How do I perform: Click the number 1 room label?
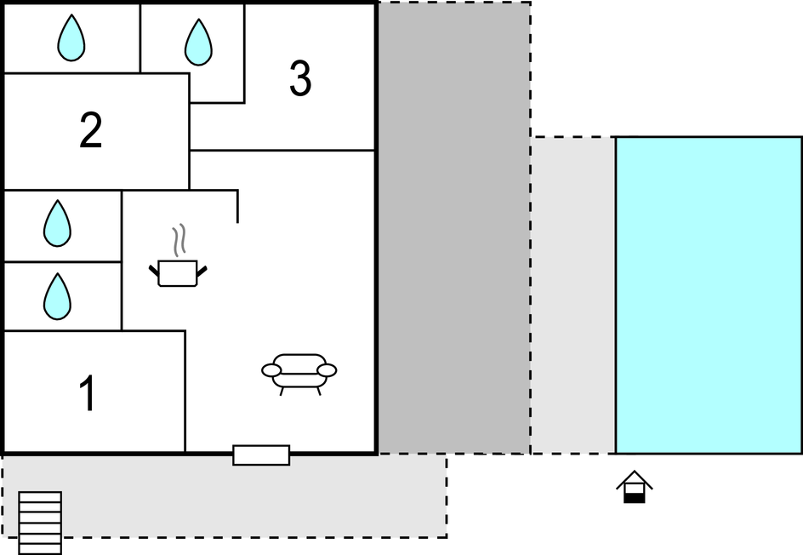pos(87,394)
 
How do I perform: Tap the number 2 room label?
pos(91,130)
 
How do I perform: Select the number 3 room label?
pos(300,79)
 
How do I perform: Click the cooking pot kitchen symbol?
pos(178,273)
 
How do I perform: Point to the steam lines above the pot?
pos(178,241)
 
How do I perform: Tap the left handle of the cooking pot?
pos(154,272)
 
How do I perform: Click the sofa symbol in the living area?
pos(299,371)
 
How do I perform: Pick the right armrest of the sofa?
pos(327,370)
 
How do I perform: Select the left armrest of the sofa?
pos(271,370)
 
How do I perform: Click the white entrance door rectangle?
pos(261,455)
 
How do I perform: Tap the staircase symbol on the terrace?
pos(41,522)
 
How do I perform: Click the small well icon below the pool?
pos(635,488)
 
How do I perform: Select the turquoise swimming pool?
pos(709,295)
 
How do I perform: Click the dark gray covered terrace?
pos(454,228)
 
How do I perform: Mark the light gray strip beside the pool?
pos(573,295)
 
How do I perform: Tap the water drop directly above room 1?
pos(57,297)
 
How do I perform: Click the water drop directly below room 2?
pos(57,224)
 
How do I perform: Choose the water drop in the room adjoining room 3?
pos(198,43)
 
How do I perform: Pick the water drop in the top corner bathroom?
pos(71,39)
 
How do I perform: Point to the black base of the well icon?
pos(635,497)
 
